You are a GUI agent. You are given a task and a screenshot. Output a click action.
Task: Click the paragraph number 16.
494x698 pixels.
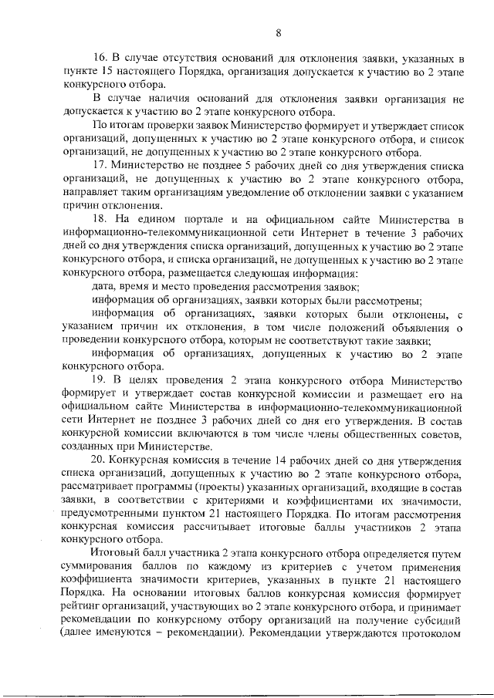pyautogui.click(x=99, y=58)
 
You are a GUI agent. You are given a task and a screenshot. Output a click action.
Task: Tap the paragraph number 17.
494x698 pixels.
pyautogui.click(x=99, y=165)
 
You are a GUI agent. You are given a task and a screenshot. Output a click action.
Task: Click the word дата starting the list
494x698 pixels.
pyautogui.click(x=104, y=285)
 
